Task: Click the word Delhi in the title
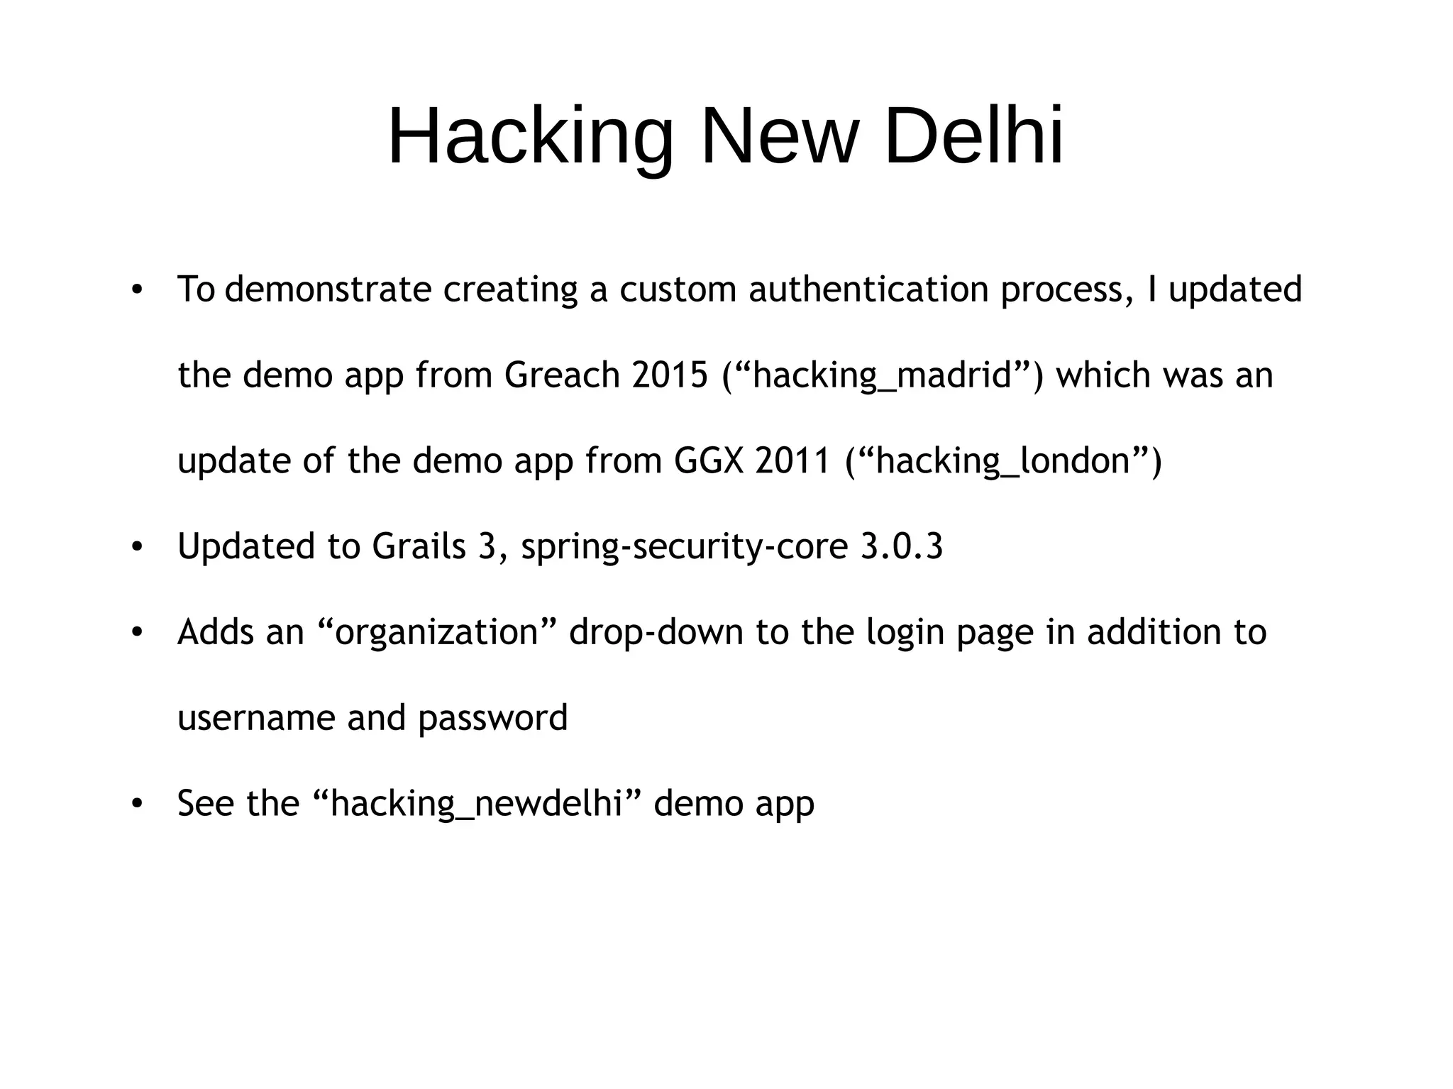974,136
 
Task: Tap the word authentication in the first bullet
868,289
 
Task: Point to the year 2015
670,375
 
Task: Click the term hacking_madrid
882,375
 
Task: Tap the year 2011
792,461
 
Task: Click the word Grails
418,547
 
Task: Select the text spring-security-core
684,547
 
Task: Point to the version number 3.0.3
902,547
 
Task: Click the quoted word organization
437,633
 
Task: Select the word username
256,718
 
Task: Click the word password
492,718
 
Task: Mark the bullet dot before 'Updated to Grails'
137,547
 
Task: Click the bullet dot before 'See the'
137,804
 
